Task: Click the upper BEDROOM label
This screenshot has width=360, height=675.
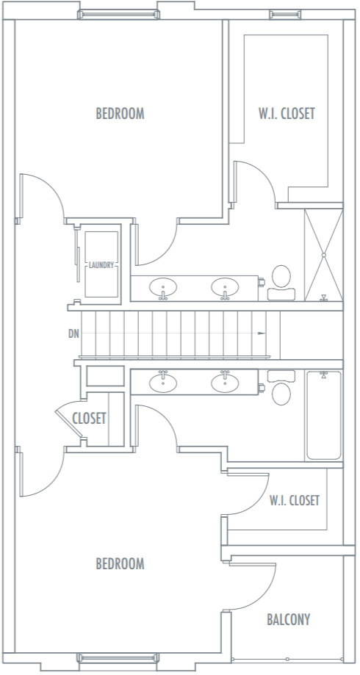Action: pos(120,114)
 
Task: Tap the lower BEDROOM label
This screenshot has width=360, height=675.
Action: pos(120,563)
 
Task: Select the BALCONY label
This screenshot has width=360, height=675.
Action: pos(289,619)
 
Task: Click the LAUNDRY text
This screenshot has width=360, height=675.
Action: pos(101,265)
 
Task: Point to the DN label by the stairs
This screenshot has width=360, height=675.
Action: pos(73,333)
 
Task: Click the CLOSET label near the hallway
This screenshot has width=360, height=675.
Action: pos(89,419)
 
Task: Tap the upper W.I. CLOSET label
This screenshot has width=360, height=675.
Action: pos(287,114)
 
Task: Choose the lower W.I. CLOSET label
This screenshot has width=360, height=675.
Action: pos(295,501)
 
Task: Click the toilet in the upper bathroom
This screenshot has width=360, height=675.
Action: pos(281,282)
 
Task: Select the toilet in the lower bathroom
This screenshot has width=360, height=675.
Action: pos(281,387)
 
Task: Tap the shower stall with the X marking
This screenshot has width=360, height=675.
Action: pos(324,255)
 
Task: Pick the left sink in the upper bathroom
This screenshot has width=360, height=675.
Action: pos(163,288)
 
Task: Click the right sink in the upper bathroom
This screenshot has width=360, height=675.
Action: pos(225,288)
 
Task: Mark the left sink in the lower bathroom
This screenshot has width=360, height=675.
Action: pos(163,382)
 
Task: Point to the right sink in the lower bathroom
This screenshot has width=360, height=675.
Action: pos(225,382)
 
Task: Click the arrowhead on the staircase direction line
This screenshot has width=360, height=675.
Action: pos(262,333)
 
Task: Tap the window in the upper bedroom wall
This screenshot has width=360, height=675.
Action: pos(118,15)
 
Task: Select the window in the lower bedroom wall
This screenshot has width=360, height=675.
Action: pos(118,658)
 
